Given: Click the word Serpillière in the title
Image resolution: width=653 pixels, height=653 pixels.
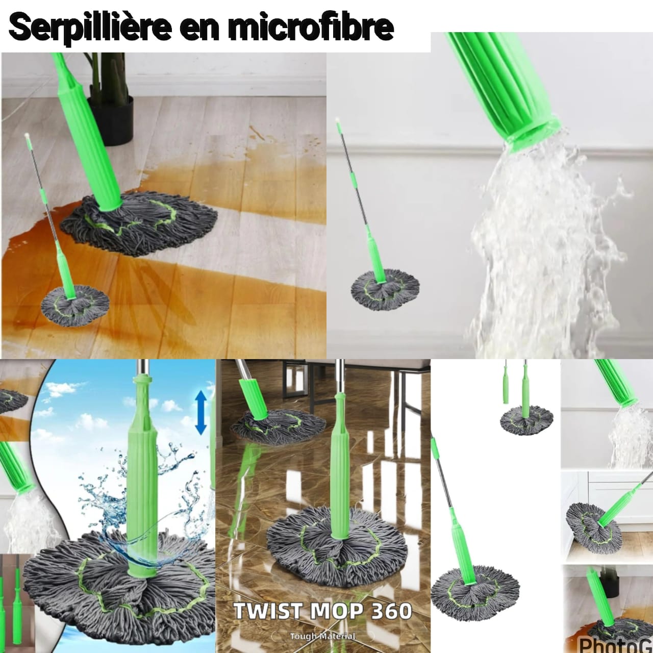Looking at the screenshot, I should tap(89, 28).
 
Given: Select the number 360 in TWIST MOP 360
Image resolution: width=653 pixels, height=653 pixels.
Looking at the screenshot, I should tap(390, 611).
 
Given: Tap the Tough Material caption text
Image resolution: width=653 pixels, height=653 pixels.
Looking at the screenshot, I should tap(322, 636).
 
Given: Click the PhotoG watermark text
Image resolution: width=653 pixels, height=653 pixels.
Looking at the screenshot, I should tap(615, 644).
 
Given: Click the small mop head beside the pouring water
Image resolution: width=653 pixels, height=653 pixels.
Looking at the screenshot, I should tap(385, 287).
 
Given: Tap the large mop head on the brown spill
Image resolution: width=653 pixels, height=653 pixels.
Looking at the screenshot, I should tap(138, 222).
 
